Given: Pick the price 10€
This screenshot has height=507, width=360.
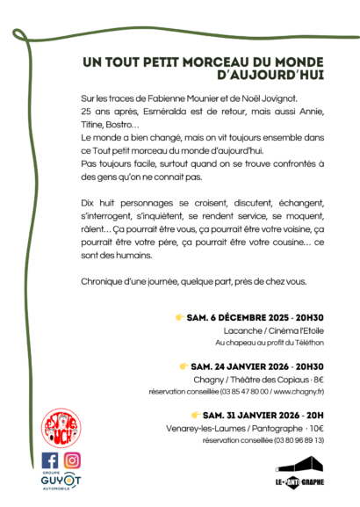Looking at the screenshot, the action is tap(315, 427).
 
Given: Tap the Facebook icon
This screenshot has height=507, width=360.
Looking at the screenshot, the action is tap(50, 460).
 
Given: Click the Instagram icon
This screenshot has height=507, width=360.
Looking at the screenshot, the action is tap(72, 460).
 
